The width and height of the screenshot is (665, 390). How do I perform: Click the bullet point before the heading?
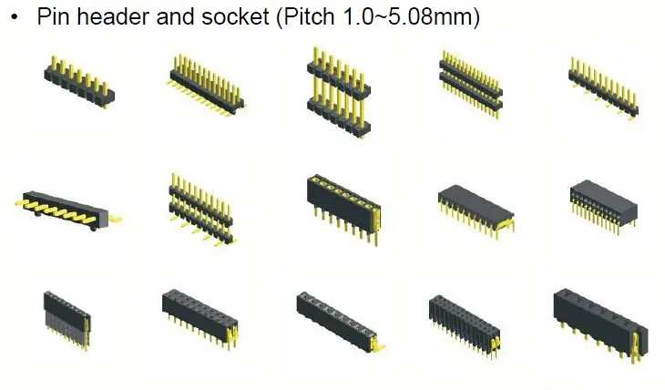[14, 17]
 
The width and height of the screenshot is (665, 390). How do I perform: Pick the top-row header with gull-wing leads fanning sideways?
[205, 84]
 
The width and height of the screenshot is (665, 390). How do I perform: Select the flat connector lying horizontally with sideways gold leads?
[68, 208]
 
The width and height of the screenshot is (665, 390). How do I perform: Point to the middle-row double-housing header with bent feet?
[204, 206]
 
